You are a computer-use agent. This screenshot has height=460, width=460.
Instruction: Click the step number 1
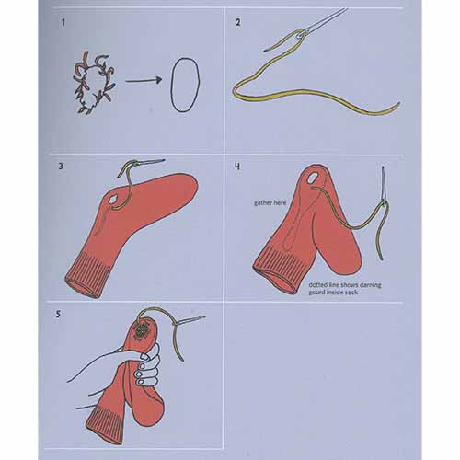click(63, 22)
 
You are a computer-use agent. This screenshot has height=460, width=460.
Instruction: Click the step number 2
click(238, 22)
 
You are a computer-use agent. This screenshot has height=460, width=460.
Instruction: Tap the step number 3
click(61, 167)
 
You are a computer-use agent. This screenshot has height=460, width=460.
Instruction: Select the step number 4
click(237, 167)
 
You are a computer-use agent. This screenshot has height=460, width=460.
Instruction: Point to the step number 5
click(58, 314)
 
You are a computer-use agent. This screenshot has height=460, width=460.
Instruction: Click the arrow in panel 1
click(144, 81)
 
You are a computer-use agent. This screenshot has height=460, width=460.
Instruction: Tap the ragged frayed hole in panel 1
click(95, 83)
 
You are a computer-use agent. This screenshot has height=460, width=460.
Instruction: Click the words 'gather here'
click(270, 203)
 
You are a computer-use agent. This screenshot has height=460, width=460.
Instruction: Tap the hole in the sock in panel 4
click(314, 178)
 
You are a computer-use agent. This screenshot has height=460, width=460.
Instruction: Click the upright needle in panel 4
click(384, 187)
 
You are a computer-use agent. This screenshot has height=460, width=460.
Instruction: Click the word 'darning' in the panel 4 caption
click(371, 285)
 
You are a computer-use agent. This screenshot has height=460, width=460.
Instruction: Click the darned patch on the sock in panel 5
click(142, 330)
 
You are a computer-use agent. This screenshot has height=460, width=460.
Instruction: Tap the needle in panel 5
click(190, 320)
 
